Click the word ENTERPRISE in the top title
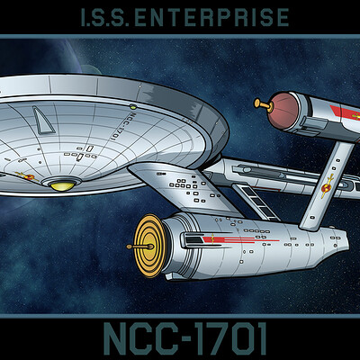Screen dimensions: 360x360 (211, 17)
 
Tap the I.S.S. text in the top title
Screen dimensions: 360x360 (105, 17)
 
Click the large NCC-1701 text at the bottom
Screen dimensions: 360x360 (185, 339)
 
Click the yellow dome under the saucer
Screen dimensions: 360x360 (62, 186)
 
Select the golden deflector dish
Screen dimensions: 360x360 (149, 246)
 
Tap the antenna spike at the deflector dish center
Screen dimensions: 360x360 (140, 247)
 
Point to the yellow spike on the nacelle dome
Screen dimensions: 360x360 (263, 104)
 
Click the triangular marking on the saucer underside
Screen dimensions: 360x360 (43, 121)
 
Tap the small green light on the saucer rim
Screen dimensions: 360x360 (133, 106)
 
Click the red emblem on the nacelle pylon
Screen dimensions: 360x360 (327, 186)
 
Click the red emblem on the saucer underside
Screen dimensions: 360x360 (28, 176)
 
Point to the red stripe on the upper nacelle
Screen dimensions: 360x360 (346, 113)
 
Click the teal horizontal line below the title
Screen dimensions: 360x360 (180, 36)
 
